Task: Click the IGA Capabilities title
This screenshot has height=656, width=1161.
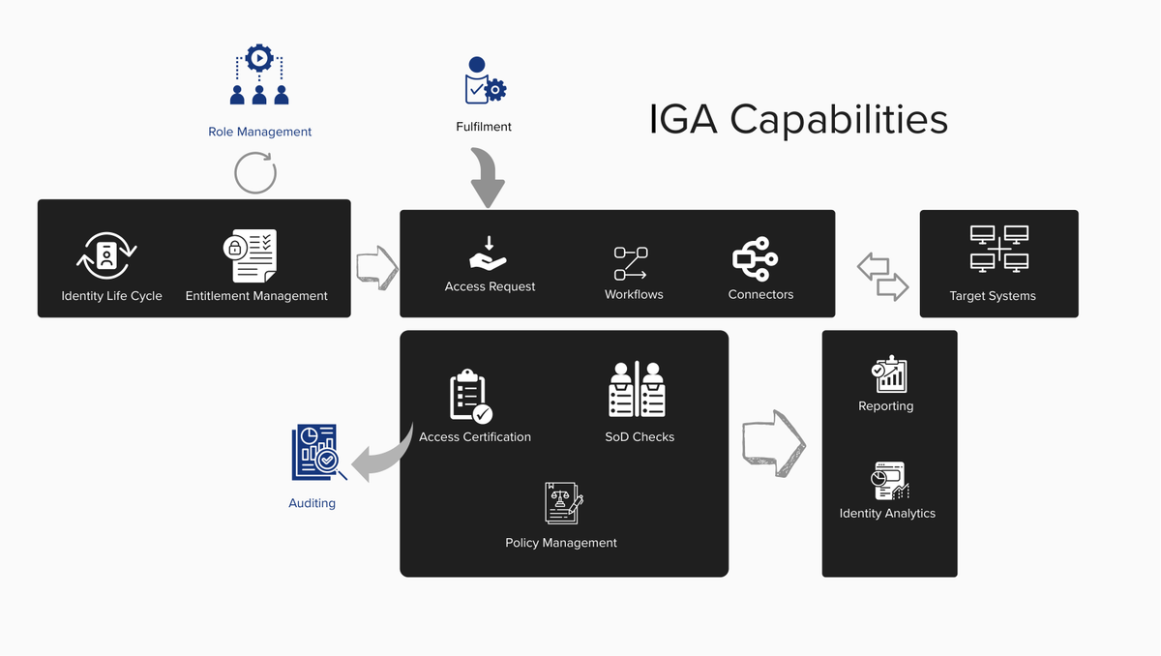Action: point(798,120)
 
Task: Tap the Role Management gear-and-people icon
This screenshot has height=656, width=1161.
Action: point(259,76)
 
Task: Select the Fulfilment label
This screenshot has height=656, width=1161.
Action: point(484,127)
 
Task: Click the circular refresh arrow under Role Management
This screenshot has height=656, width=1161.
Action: point(255,173)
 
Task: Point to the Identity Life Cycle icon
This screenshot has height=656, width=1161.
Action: point(107,255)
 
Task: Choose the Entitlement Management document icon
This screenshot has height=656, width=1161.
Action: point(251,255)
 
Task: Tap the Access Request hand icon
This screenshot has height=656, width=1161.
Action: point(489,253)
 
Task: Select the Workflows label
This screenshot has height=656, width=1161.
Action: point(634,294)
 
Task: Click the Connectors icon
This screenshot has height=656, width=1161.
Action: point(756,258)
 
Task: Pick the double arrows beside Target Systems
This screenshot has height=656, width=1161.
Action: point(882,276)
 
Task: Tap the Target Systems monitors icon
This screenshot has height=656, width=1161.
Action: point(998,249)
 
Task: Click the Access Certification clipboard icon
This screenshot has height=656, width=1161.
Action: point(470,396)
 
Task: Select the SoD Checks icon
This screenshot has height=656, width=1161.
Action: point(638,389)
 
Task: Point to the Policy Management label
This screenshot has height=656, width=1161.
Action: point(561,543)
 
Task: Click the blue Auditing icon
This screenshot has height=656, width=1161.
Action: point(316,452)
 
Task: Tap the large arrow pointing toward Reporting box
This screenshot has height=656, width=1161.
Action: point(774,443)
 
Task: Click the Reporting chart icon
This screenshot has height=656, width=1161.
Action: point(887,374)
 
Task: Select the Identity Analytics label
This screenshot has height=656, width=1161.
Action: point(887,514)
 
